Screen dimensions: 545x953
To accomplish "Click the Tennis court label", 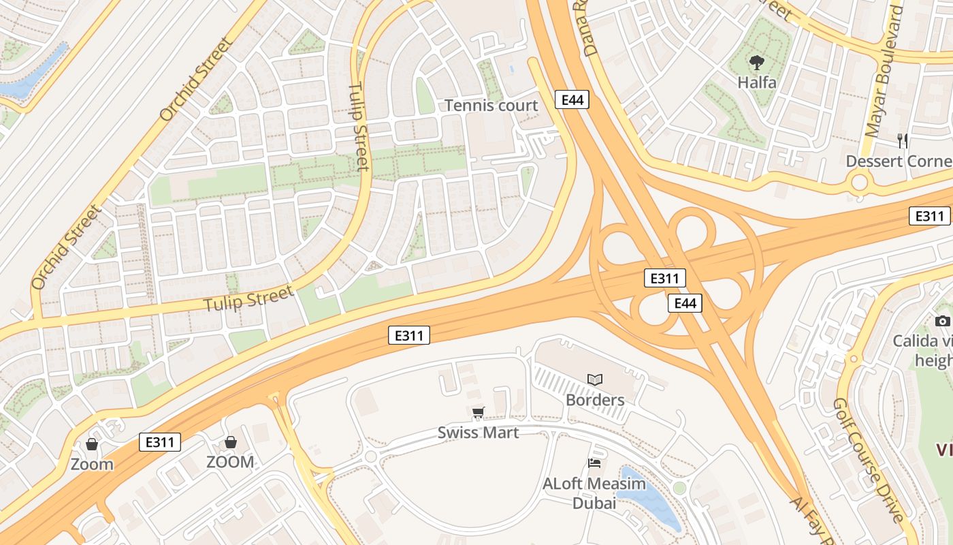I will [x=491, y=106].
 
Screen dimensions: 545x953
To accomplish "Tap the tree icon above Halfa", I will [x=756, y=63].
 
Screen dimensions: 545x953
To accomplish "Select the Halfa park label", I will [x=757, y=82].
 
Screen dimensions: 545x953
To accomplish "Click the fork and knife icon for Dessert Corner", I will [x=903, y=141].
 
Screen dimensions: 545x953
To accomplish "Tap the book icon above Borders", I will [x=595, y=379].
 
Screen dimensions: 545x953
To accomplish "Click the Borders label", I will [x=595, y=399].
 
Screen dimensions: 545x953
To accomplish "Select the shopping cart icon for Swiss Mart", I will [x=479, y=412].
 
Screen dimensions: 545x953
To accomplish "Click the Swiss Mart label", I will [x=478, y=433].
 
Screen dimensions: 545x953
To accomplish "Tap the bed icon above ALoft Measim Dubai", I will [x=594, y=464].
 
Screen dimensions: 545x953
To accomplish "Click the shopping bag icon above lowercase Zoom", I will [x=92, y=445].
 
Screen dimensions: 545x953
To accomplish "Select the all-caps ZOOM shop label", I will [x=230, y=462].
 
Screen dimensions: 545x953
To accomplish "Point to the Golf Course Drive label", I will [x=869, y=461].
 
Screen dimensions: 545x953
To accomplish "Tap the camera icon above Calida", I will [x=942, y=321].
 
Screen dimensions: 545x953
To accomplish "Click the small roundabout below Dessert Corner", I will [x=860, y=182].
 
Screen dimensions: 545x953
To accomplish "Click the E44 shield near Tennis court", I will [x=572, y=99].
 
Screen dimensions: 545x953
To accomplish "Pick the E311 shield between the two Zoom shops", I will [x=160, y=441].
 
